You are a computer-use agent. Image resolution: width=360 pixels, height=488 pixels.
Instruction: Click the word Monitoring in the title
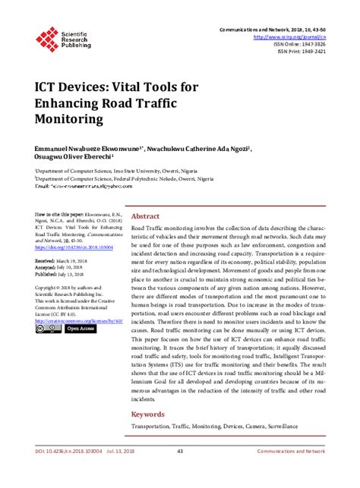click(x=74, y=119)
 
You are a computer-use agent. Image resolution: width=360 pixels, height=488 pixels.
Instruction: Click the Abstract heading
click(x=146, y=216)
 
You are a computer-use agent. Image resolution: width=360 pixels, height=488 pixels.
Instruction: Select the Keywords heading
click(x=149, y=414)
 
